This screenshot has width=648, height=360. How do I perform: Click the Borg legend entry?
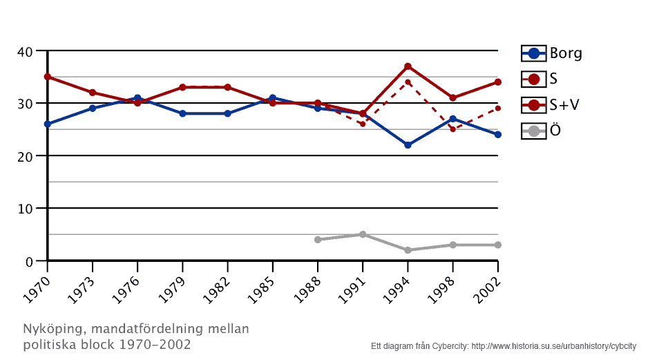coord(551,53)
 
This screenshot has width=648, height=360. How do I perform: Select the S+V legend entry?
coord(551,105)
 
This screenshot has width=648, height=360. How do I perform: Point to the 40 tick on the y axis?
coord(25,51)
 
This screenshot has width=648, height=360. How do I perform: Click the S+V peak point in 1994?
coord(408,66)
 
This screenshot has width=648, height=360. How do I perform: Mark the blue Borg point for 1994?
coord(408,145)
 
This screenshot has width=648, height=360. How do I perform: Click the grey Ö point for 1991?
coord(363,234)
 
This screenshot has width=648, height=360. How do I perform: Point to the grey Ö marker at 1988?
coord(318,240)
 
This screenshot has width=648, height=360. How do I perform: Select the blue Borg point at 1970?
coord(48,124)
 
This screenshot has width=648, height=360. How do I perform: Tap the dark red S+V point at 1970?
coord(48,77)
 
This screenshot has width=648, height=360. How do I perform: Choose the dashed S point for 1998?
coord(452,129)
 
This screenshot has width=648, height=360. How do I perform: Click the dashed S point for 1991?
coord(363,124)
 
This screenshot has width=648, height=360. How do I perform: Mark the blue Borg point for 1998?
coord(452,119)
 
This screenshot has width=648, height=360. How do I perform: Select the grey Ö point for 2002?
coord(497,245)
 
